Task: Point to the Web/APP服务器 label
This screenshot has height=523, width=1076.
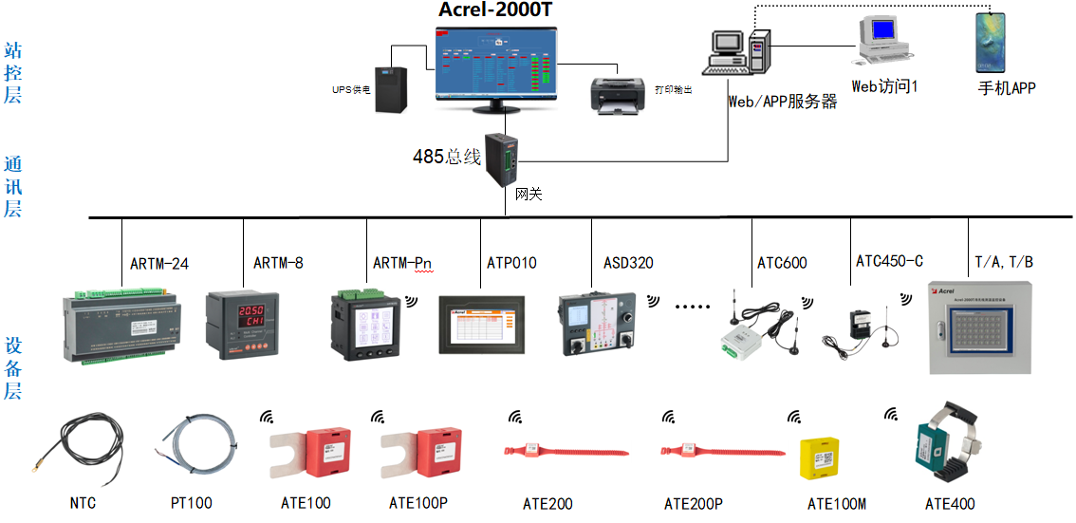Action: (x=782, y=102)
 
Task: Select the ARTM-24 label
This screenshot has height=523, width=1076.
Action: (x=159, y=263)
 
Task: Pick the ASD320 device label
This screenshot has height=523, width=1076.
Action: (x=628, y=263)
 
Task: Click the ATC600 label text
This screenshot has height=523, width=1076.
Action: (x=782, y=263)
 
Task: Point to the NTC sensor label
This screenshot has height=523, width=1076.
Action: (x=83, y=503)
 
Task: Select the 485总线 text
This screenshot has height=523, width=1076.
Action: (x=446, y=157)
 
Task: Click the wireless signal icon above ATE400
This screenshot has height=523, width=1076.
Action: (x=891, y=414)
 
